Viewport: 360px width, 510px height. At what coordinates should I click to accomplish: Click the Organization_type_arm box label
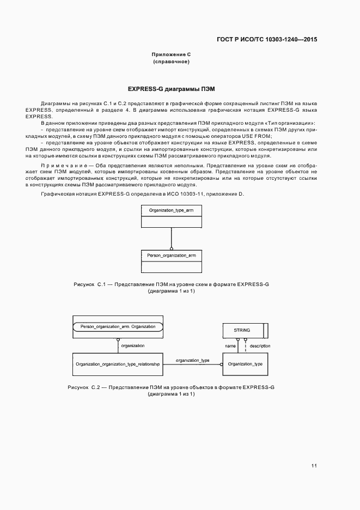(x=171, y=210)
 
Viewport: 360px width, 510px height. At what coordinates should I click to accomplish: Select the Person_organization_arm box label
(x=171, y=255)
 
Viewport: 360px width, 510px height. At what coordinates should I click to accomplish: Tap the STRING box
(x=242, y=330)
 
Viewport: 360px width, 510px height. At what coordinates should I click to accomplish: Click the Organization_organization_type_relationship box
(x=118, y=363)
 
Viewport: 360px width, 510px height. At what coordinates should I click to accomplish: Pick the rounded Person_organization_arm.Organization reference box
(x=118, y=326)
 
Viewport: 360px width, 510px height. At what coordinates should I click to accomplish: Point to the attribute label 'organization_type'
(x=192, y=360)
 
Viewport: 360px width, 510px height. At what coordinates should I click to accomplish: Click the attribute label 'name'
(x=230, y=346)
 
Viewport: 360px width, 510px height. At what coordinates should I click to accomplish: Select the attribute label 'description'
(x=260, y=346)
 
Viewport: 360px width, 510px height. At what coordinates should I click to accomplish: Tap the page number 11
(x=314, y=466)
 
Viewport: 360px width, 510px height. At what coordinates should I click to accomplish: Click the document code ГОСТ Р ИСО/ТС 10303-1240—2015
(x=267, y=39)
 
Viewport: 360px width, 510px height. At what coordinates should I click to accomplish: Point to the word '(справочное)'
(x=171, y=62)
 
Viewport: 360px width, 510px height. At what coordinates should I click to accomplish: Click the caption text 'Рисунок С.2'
(x=85, y=387)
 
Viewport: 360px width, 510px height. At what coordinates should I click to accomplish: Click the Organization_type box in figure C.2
(x=245, y=363)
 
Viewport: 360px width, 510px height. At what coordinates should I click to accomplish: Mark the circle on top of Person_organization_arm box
(x=171, y=248)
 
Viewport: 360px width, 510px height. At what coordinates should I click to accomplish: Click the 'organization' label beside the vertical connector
(x=132, y=346)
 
